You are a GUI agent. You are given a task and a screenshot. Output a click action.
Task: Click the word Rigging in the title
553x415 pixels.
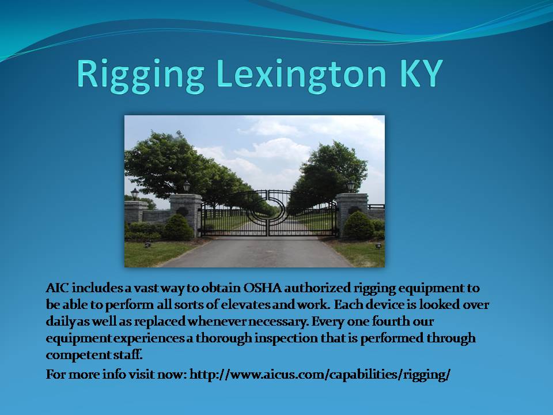point(141,75)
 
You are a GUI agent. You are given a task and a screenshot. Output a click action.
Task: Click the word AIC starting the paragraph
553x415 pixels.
point(57,288)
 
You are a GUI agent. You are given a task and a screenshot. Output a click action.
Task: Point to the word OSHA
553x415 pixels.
point(263,288)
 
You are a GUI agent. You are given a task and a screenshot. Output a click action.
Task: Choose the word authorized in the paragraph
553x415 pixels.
point(317,288)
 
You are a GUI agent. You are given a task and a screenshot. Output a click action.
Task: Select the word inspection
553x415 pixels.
point(286,339)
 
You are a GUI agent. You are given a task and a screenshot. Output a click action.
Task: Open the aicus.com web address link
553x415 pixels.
point(320,375)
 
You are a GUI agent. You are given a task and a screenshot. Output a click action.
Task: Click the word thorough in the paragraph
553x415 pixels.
point(224,339)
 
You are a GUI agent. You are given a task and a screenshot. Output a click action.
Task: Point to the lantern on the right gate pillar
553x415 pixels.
point(351,186)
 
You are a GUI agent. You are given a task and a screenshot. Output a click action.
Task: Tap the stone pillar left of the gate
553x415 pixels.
point(185,214)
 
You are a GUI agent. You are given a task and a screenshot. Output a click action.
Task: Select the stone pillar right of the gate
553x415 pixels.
point(351,214)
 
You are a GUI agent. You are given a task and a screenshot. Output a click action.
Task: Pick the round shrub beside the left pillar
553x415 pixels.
point(178,228)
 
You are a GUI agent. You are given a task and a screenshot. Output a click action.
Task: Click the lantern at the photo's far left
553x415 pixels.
point(135,194)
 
